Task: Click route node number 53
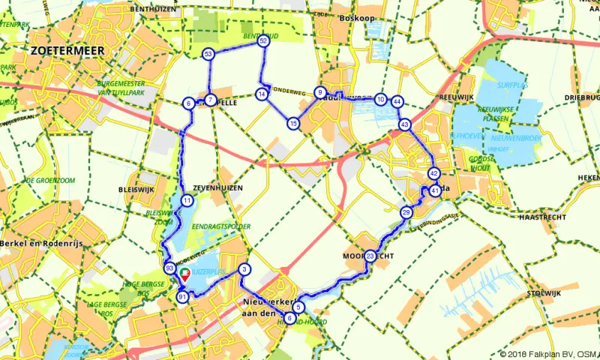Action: coord(208,54)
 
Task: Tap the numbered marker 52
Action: coord(263,42)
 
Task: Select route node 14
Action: coord(261,94)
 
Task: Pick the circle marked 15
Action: coord(292,123)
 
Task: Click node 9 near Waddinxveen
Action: coord(320,92)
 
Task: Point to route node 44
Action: coord(397,101)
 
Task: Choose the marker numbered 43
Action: coord(405,124)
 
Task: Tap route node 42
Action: coord(433,174)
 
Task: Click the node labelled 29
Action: coord(406,213)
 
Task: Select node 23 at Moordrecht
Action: coord(370,256)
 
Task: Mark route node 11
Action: coord(186,201)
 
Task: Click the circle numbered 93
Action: coord(170,268)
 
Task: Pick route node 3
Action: coord(244,270)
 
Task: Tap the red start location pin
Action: coord(184,277)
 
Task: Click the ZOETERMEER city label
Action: coord(67,51)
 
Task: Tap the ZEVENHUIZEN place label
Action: coord(217,188)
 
